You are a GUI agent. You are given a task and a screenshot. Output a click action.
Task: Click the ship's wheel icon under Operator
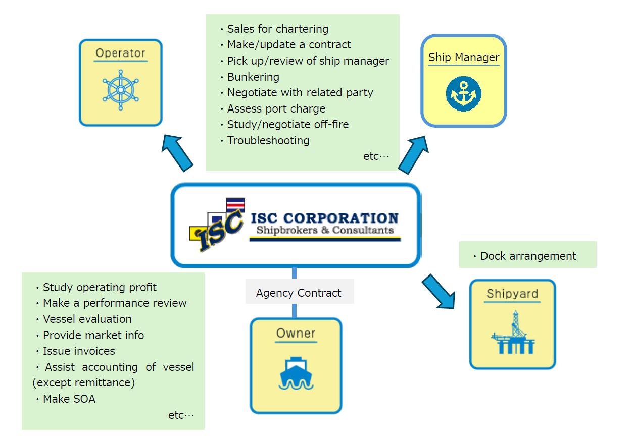(x=120, y=90)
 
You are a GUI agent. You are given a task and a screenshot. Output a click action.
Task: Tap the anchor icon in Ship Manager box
(x=463, y=94)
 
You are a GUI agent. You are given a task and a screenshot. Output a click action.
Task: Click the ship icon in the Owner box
(x=296, y=374)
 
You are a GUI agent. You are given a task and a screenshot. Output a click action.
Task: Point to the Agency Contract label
(x=299, y=293)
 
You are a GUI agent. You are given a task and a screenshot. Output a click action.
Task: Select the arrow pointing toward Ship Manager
(x=414, y=153)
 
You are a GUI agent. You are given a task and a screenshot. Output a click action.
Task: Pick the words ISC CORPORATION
(x=324, y=218)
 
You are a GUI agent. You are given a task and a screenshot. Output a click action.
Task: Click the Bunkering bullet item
(x=253, y=77)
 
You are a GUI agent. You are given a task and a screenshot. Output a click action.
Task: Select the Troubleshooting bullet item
(x=268, y=140)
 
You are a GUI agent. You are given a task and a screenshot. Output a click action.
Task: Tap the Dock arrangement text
(x=528, y=256)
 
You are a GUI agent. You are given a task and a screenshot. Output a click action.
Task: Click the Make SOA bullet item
(x=69, y=399)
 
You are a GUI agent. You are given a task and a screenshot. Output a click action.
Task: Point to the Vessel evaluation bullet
(x=87, y=319)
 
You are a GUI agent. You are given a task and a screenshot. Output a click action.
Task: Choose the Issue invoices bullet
(x=79, y=351)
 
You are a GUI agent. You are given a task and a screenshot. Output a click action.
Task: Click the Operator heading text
(x=120, y=53)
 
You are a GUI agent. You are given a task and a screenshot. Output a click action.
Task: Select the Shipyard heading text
(x=512, y=294)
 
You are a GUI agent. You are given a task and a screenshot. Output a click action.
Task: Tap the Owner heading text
(x=296, y=333)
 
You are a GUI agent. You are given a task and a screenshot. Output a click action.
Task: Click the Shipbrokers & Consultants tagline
(x=325, y=231)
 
